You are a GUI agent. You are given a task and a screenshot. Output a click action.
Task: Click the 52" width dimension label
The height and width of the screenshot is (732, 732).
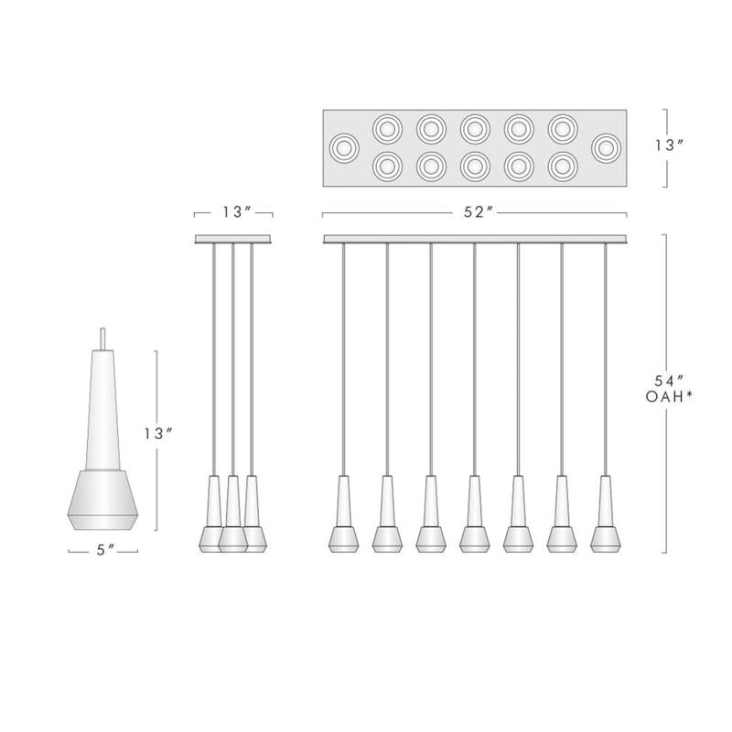pos(475,213)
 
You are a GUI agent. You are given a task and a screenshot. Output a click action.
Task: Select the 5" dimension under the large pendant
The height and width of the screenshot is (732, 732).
pos(103,551)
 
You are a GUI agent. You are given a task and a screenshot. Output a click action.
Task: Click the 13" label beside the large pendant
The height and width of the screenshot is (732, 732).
pos(158,434)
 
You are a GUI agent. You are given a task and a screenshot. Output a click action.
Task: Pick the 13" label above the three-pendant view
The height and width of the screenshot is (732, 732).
pos(234,212)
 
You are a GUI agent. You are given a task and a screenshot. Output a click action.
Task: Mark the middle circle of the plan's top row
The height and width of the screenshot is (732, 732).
pos(474,127)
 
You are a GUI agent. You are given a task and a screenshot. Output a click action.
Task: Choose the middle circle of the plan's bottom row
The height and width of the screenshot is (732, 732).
pos(474,166)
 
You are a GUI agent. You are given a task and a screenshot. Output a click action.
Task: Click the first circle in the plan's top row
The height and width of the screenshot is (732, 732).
pos(387,127)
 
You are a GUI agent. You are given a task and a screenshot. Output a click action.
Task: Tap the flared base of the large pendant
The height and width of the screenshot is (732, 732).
pos(103,501)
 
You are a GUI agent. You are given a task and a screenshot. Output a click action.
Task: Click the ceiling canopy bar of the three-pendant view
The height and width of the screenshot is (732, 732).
pos(234,240)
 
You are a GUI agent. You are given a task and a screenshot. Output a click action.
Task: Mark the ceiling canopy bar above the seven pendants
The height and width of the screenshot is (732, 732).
pos(475,240)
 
